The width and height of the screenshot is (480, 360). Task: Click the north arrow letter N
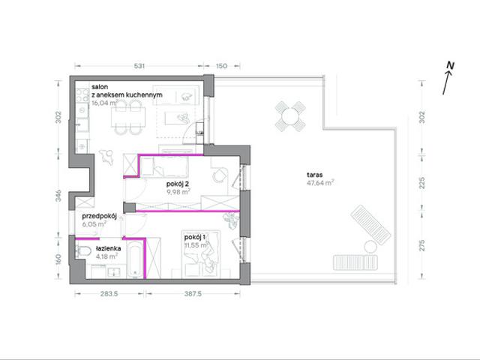click(x=450, y=65)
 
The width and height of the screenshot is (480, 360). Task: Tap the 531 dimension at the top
click(x=139, y=66)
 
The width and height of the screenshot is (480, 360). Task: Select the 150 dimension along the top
click(x=222, y=66)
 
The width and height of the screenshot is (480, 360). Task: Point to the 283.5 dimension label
click(x=109, y=294)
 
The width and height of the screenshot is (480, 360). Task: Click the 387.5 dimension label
click(x=193, y=294)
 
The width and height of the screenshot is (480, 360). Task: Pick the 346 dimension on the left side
click(x=58, y=196)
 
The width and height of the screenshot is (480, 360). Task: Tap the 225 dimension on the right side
click(x=422, y=183)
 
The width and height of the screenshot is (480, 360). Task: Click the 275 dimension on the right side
click(x=422, y=245)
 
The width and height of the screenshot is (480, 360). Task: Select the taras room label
click(x=315, y=175)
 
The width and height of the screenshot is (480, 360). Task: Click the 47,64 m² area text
click(x=320, y=183)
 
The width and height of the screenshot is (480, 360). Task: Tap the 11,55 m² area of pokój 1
click(x=196, y=245)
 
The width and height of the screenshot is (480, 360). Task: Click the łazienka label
click(x=108, y=248)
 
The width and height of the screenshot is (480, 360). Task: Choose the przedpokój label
click(x=99, y=216)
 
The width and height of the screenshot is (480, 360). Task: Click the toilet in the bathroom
click(x=83, y=252)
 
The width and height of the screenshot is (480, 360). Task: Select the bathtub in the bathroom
click(x=134, y=259)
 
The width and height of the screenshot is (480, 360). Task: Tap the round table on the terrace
click(x=290, y=117)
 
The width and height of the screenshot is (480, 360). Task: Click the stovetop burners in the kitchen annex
click(x=82, y=95)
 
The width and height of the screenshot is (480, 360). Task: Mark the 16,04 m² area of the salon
click(x=104, y=103)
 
